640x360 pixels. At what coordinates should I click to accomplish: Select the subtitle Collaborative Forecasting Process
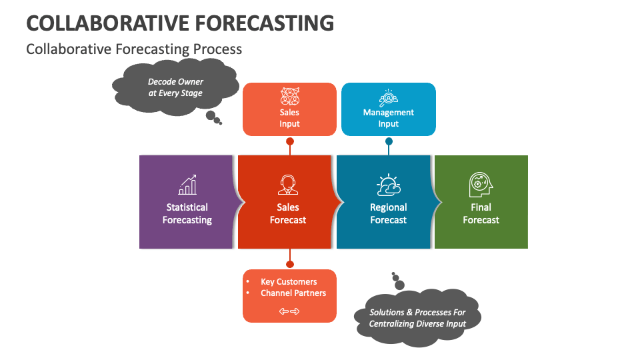pyautogui.click(x=134, y=49)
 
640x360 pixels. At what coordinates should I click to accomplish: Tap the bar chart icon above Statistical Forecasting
pyautogui.click(x=187, y=185)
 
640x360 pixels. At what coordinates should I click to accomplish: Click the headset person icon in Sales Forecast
pyautogui.click(x=288, y=185)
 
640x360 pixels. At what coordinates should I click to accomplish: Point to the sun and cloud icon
pyautogui.click(x=388, y=185)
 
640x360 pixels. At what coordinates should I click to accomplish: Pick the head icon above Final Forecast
pyautogui.click(x=481, y=185)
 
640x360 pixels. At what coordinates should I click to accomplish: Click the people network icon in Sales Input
pyautogui.click(x=290, y=96)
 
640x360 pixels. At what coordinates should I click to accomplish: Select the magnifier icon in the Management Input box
pyautogui.click(x=388, y=98)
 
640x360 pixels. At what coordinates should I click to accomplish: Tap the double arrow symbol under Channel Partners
pyautogui.click(x=289, y=311)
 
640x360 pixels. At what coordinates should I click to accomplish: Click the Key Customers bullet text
pyautogui.click(x=289, y=281)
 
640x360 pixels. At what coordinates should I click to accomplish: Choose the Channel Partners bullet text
pyautogui.click(x=293, y=293)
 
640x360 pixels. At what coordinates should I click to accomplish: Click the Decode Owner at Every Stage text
pyautogui.click(x=175, y=87)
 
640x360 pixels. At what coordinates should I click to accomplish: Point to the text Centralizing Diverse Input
pyautogui.click(x=417, y=324)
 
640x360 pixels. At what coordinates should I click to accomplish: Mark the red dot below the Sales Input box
pyautogui.click(x=290, y=141)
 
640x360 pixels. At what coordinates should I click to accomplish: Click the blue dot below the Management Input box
pyautogui.click(x=389, y=141)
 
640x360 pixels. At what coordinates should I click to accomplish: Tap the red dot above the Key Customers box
pyautogui.click(x=290, y=264)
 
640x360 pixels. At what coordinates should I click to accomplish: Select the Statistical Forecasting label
pyautogui.click(x=187, y=213)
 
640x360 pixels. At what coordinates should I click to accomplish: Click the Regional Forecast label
pyautogui.click(x=388, y=213)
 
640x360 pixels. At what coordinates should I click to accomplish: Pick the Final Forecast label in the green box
pyautogui.click(x=481, y=213)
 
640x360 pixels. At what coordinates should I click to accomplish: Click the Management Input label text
pyautogui.click(x=388, y=118)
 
